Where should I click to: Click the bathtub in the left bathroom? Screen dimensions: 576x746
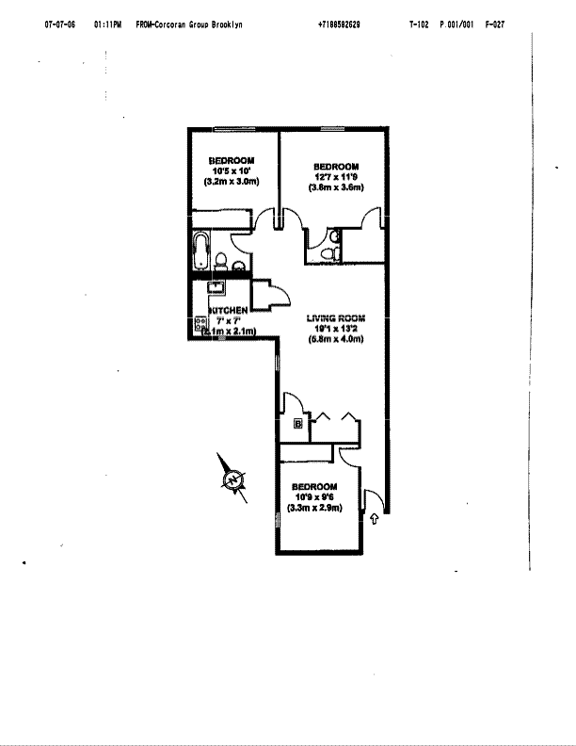click(x=200, y=251)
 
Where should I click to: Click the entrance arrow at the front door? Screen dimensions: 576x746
click(x=376, y=517)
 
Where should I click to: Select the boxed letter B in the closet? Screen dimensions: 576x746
click(x=298, y=425)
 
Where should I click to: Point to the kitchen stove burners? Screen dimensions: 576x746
click(x=200, y=324)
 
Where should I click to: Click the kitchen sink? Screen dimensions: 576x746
click(x=216, y=289)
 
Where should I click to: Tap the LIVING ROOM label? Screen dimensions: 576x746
click(x=335, y=317)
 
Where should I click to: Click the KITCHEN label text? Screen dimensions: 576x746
click(x=229, y=310)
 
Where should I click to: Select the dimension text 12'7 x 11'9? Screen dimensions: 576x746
click(x=336, y=177)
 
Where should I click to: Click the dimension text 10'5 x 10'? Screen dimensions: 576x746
click(x=231, y=170)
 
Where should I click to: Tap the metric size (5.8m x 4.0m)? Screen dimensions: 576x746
click(x=335, y=338)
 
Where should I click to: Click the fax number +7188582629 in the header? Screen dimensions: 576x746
click(x=339, y=24)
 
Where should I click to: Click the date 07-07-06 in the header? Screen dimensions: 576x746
click(x=59, y=24)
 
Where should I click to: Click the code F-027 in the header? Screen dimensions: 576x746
click(x=494, y=24)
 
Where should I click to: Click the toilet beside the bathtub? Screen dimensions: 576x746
click(x=220, y=260)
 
